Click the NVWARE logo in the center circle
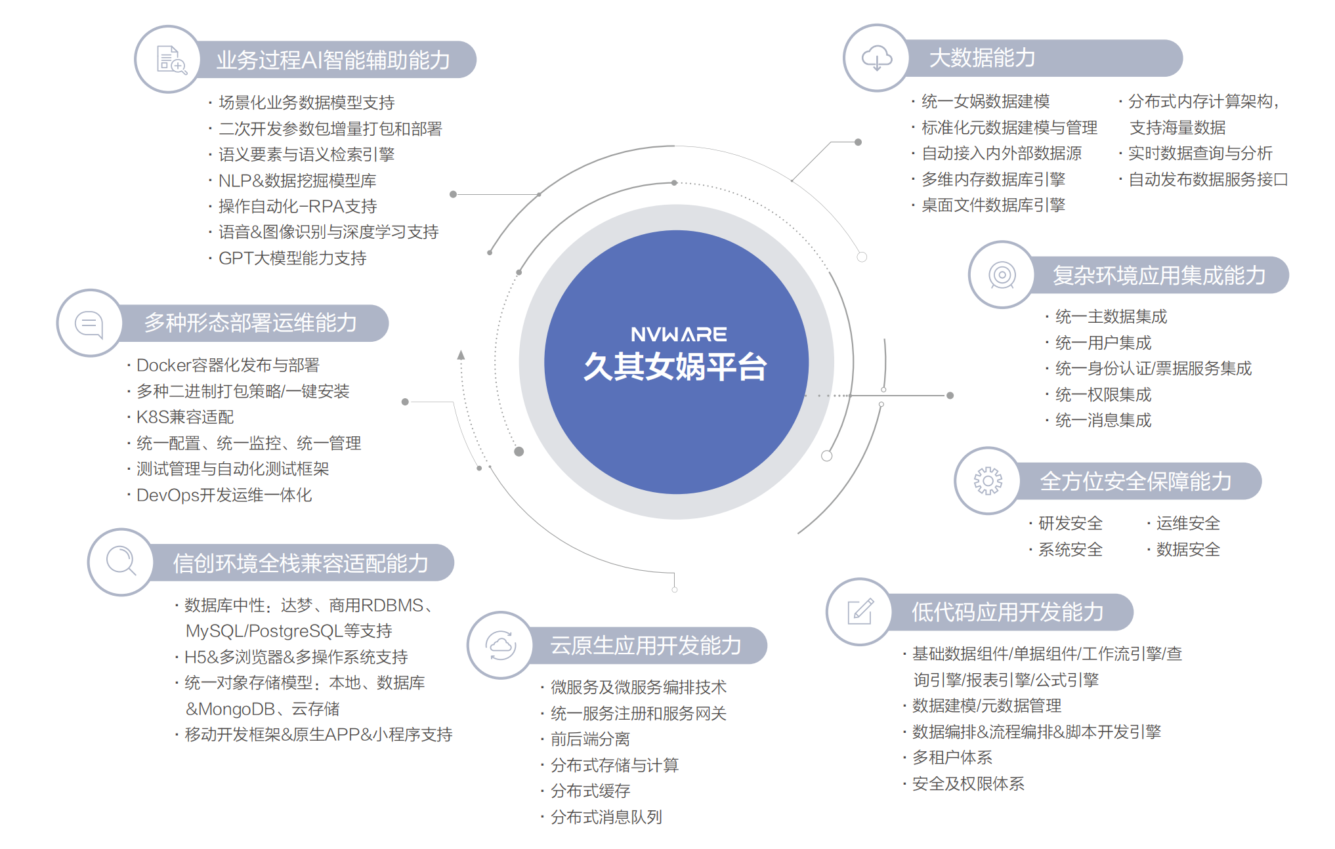678,335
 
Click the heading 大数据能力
982,58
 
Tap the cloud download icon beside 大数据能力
876,58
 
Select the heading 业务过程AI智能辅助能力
333,60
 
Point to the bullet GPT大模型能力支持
292,259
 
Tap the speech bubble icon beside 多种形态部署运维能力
89,323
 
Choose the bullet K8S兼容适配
185,417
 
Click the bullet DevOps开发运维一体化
224,495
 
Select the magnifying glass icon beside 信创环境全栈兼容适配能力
121,562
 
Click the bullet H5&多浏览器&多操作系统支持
296,657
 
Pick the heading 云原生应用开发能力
645,646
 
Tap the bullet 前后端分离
590,739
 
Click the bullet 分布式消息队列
606,818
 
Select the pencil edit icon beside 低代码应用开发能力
860,612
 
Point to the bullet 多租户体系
952,758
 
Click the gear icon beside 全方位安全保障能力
987,481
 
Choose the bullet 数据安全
1187,550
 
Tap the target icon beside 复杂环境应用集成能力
1002,275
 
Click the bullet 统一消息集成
1103,421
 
